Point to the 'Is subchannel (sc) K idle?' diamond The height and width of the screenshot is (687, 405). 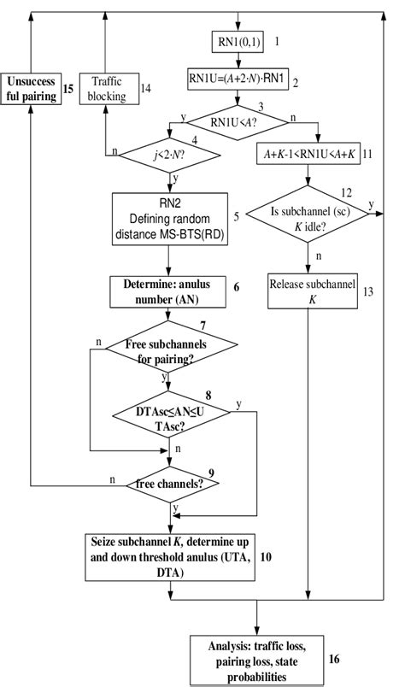307,217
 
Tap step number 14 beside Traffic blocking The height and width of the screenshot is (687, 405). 146,87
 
